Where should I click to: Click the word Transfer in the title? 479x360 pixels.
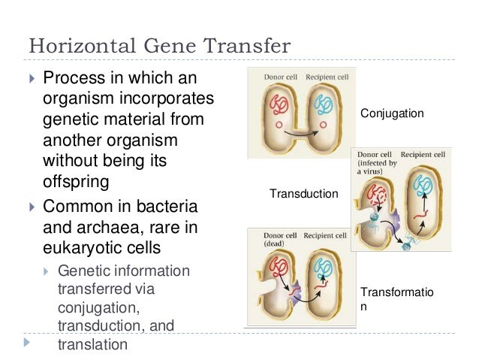[247, 46]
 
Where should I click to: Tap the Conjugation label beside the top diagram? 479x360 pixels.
[392, 113]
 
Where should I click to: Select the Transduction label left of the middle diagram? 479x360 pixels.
[303, 194]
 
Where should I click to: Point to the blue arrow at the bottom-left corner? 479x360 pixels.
[29, 342]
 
